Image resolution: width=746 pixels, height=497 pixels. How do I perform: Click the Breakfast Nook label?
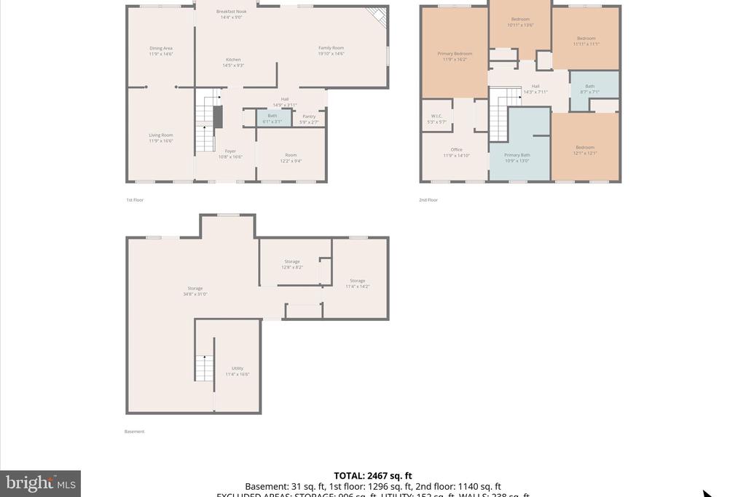click(232, 14)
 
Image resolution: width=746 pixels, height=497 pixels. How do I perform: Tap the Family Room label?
click(331, 50)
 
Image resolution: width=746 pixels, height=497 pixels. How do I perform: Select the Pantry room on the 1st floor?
click(309, 119)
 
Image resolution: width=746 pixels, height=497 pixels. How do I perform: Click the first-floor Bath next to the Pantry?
click(272, 118)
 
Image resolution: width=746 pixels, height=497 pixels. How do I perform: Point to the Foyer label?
click(230, 154)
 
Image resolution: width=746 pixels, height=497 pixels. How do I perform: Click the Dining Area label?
click(161, 51)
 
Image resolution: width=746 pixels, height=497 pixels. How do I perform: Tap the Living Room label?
click(161, 138)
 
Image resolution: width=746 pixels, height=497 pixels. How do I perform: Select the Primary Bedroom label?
click(455, 56)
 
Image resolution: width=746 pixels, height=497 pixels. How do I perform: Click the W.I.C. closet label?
click(436, 119)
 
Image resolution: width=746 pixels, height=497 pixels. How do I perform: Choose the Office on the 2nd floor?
click(457, 153)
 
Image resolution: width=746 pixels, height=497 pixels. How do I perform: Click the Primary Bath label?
click(517, 157)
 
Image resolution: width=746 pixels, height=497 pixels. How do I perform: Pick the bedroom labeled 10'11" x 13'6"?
click(520, 22)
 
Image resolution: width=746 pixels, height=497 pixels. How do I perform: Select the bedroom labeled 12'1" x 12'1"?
click(585, 150)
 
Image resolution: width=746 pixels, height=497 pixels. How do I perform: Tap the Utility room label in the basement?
click(237, 371)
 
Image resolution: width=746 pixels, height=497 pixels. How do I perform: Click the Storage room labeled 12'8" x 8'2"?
click(292, 264)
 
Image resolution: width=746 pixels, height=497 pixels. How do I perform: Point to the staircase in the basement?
click(204, 368)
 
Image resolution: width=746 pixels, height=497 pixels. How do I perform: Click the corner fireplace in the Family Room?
click(377, 16)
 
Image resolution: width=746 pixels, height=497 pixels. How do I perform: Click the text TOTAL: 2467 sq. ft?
click(373, 476)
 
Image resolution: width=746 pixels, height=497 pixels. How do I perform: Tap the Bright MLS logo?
click(40, 483)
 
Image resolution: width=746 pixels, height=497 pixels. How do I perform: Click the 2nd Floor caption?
click(428, 199)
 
